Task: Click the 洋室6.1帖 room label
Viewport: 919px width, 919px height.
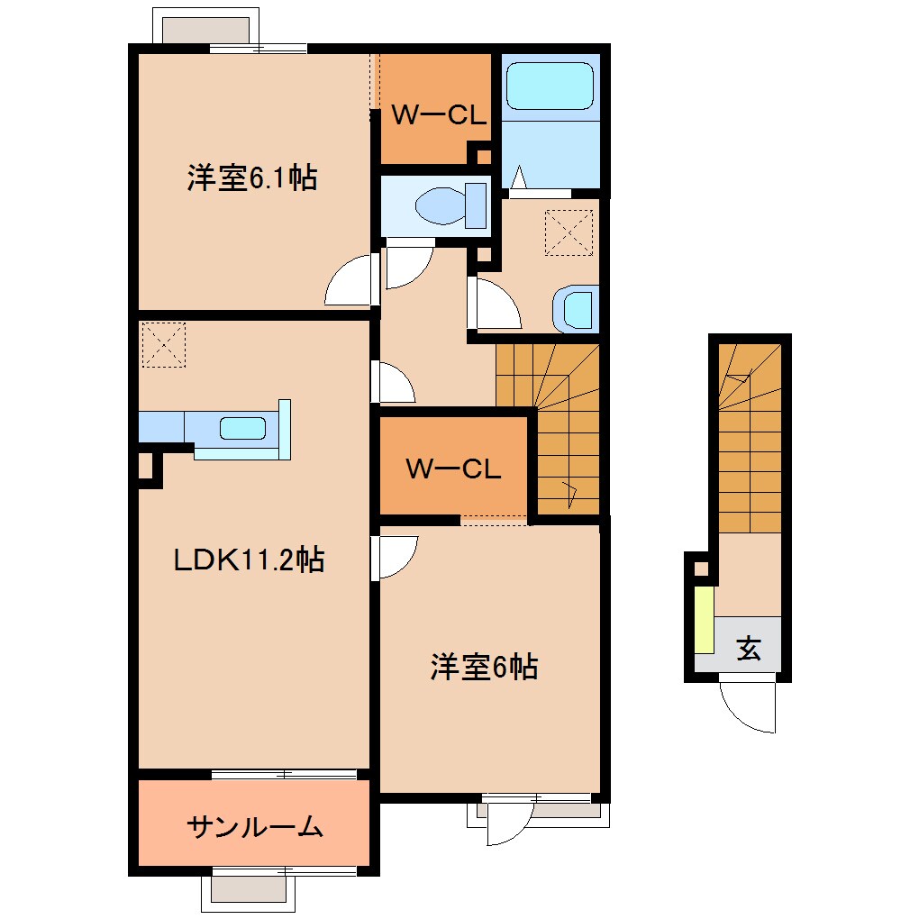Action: pos(251,177)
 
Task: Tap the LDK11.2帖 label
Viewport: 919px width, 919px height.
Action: pos(249,560)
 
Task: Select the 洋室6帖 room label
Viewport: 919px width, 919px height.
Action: pos(484,668)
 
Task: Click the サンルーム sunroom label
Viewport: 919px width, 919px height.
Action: pos(255,825)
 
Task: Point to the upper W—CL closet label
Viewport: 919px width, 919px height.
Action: pos(439,114)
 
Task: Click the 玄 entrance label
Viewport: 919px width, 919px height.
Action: pos(749,648)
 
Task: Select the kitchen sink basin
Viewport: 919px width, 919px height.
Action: pos(243,429)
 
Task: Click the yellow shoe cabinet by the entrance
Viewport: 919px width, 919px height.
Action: pos(704,620)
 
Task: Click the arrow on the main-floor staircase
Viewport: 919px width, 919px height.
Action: pos(569,492)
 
